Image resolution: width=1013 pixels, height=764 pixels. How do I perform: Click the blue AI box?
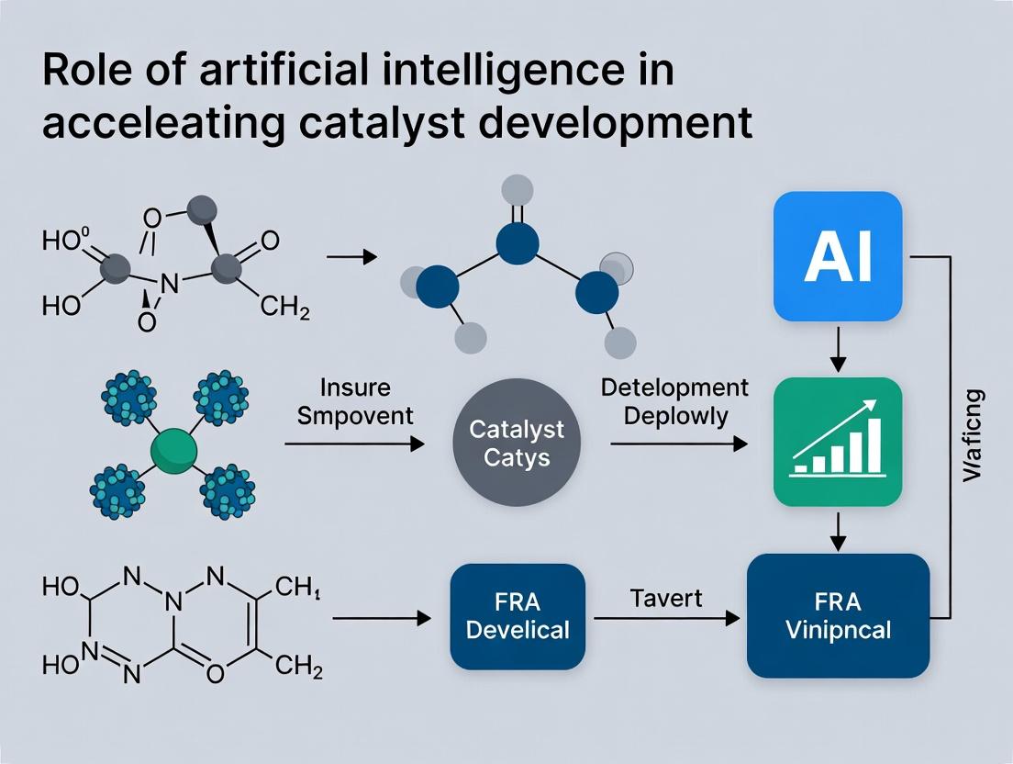(839, 256)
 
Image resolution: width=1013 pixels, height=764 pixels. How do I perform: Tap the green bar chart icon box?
(839, 443)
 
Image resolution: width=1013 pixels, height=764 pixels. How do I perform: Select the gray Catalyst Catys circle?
(518, 444)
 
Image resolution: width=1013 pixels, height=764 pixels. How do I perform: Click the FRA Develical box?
(518, 616)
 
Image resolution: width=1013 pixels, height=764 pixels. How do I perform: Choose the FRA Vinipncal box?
(838, 616)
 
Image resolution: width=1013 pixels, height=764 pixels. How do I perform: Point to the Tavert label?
(666, 599)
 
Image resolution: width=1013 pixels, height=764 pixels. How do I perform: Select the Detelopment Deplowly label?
(674, 400)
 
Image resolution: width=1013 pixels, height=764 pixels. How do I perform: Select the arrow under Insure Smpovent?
(355, 444)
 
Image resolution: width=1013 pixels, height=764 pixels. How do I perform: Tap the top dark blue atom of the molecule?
(517, 243)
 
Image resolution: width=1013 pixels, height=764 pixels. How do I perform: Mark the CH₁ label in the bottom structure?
(297, 586)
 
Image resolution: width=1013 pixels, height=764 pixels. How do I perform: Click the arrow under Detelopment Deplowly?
(678, 444)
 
